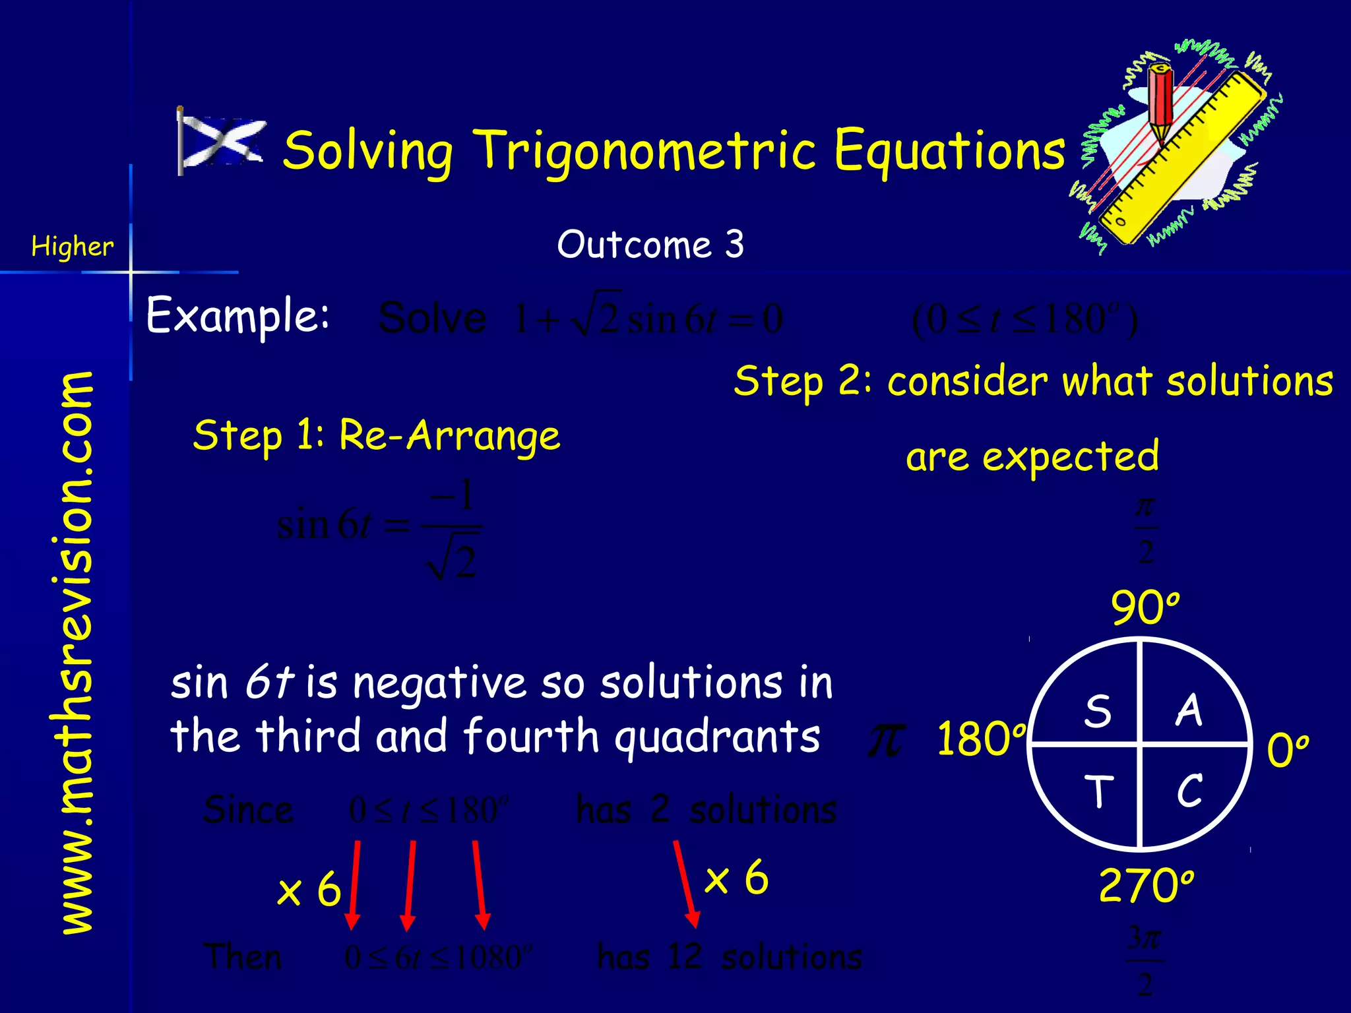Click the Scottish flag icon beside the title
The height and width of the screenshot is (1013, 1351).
(221, 141)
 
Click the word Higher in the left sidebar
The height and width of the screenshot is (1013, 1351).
(73, 247)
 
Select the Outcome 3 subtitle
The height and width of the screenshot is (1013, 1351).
(650, 245)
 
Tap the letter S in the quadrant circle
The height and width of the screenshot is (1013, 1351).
(1098, 712)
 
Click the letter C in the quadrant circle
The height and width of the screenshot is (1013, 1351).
(1189, 790)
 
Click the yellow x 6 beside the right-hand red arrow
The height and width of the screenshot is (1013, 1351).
(736, 878)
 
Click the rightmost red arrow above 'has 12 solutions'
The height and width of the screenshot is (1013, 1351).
(685, 884)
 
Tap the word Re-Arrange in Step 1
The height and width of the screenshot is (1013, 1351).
(449, 436)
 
